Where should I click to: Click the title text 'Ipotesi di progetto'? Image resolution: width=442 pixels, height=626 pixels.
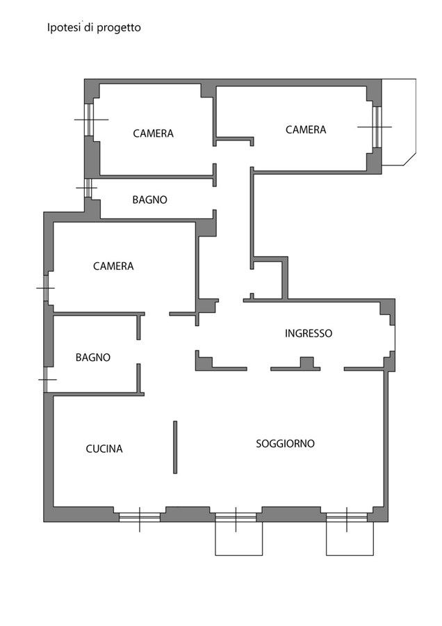click(94, 28)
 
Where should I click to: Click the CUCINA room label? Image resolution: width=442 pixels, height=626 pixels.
click(104, 449)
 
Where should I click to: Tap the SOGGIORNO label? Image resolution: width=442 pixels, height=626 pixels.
click(285, 444)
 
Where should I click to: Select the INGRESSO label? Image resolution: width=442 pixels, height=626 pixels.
click(309, 333)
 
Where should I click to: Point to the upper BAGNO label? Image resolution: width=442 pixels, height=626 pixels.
click(149, 200)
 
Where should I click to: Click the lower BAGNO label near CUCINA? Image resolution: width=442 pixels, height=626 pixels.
click(93, 358)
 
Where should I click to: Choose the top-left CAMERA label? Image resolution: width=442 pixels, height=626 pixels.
click(153, 134)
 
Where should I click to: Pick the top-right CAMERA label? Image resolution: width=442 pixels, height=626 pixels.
click(306, 130)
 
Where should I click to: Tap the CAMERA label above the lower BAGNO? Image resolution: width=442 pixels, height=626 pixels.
click(113, 266)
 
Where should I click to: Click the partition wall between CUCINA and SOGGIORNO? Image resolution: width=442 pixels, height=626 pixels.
click(175, 447)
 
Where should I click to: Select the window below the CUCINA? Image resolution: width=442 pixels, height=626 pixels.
click(140, 517)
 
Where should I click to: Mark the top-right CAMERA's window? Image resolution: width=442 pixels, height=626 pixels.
click(377, 127)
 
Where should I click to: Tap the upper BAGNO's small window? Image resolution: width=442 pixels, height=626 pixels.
click(88, 188)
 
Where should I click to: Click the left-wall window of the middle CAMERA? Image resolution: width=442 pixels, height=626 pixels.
click(46, 288)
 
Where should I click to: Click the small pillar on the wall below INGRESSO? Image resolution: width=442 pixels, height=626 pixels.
click(306, 362)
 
